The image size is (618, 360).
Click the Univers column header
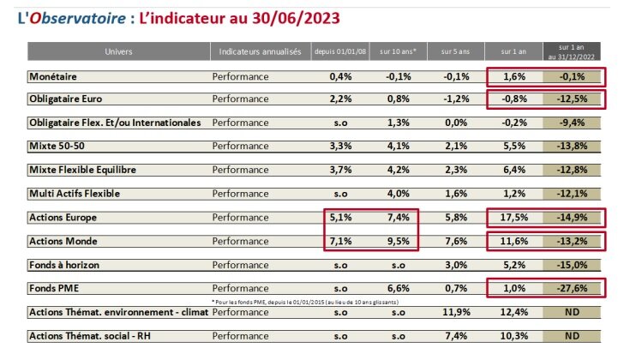click(x=118, y=52)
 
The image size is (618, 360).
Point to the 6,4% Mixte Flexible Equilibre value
click(x=513, y=170)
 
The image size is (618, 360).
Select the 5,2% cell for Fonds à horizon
click(x=513, y=266)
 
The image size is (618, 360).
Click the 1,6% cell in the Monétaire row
click(x=513, y=77)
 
